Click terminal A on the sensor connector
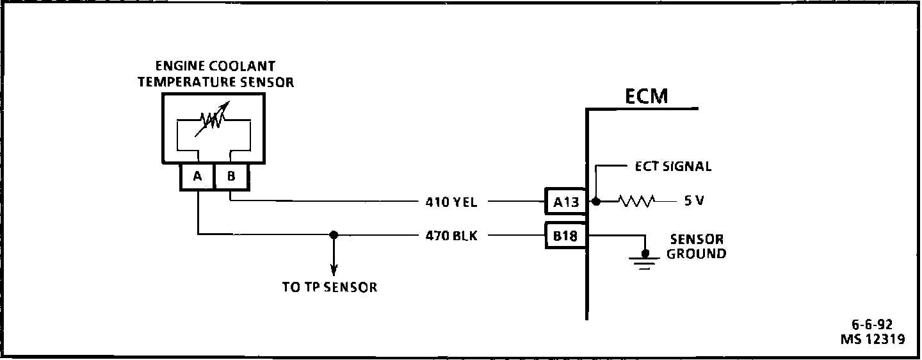click(198, 177)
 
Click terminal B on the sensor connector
click(232, 177)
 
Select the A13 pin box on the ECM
click(566, 201)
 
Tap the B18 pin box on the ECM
click(566, 236)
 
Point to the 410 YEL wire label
click(451, 202)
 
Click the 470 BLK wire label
click(451, 236)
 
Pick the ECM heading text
click(646, 96)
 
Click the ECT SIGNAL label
click(673, 167)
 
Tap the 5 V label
click(694, 200)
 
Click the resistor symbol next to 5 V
click(636, 201)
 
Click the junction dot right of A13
click(595, 201)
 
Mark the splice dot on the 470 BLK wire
click(334, 235)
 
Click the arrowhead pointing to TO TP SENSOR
click(334, 270)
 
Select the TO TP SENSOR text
click(330, 287)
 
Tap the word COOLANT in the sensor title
click(242, 66)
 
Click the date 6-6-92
click(872, 325)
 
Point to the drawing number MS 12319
click(873, 339)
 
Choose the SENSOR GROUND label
click(697, 247)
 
